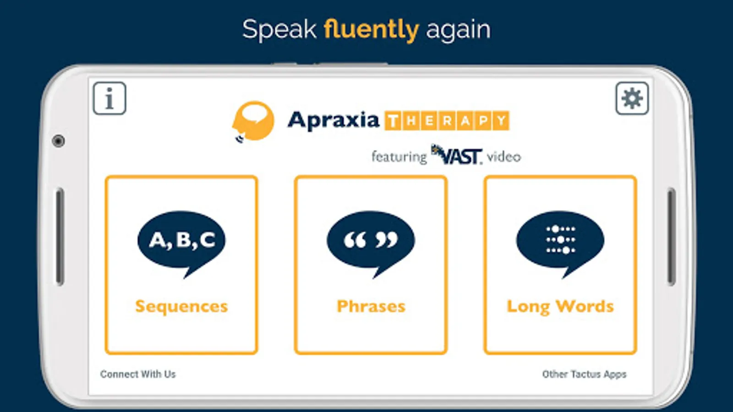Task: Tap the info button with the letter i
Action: point(109,98)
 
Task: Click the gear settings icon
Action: point(632,98)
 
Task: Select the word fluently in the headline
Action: point(371,30)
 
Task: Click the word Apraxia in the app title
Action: point(334,121)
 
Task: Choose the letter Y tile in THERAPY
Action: point(501,121)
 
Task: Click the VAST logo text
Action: point(457,155)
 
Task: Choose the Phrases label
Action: point(371,306)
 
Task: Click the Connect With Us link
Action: point(138,374)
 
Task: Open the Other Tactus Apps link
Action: point(584,374)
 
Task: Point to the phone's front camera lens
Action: point(59,141)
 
